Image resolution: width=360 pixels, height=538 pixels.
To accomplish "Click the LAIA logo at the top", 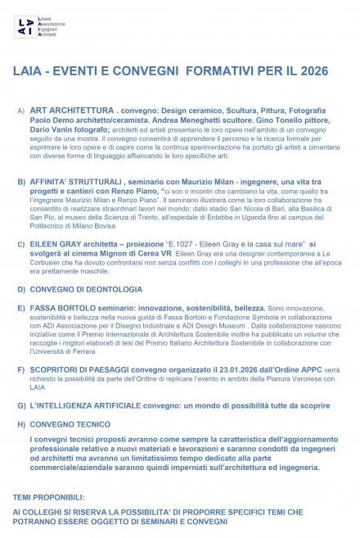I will (26, 26).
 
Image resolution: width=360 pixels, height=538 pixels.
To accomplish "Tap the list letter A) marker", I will (20, 110).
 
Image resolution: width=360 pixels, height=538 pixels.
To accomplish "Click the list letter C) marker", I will (20, 244).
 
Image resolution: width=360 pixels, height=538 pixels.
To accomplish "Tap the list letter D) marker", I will (20, 289).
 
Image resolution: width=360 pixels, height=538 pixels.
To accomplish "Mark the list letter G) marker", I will (20, 405).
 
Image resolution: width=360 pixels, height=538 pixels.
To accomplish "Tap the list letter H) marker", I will (20, 425).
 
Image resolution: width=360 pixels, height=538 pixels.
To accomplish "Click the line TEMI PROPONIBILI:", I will (48, 497).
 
